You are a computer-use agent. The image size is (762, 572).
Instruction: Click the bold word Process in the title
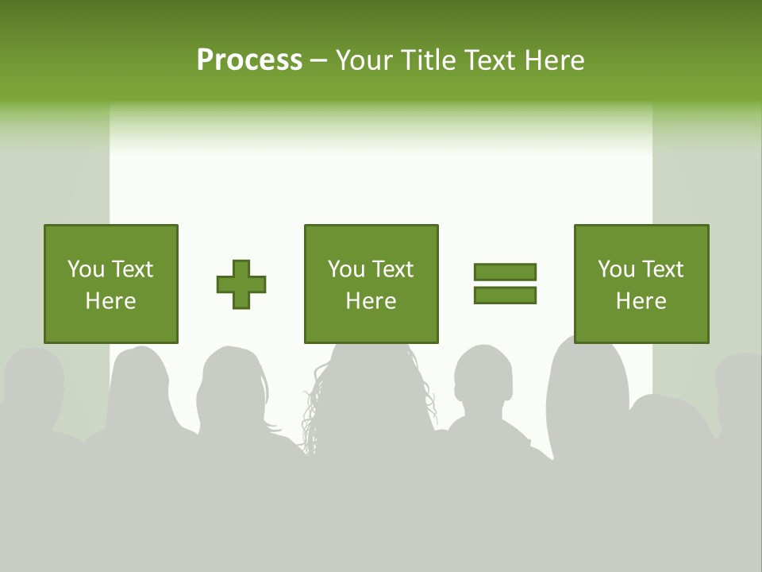click(x=249, y=60)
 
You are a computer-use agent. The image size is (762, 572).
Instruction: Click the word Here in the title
click(x=552, y=60)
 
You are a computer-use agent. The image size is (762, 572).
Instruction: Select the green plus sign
click(x=241, y=284)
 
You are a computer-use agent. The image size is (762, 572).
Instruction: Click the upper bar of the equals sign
click(x=505, y=272)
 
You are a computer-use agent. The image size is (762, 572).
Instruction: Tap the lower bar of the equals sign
click(x=505, y=295)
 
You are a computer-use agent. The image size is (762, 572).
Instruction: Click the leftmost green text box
click(x=111, y=284)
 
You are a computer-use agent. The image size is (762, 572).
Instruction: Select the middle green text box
click(x=371, y=284)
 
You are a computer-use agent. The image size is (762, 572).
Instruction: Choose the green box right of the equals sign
click(x=641, y=284)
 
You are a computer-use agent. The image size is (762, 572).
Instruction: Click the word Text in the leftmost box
click(x=132, y=269)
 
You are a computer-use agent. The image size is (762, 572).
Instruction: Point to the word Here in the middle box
click(x=371, y=301)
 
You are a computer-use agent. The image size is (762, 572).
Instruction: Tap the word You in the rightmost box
click(x=617, y=269)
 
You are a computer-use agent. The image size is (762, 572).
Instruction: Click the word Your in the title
click(x=363, y=60)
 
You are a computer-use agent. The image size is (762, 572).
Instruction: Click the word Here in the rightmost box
click(x=641, y=301)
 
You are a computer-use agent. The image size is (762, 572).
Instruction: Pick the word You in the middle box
click(x=347, y=269)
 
